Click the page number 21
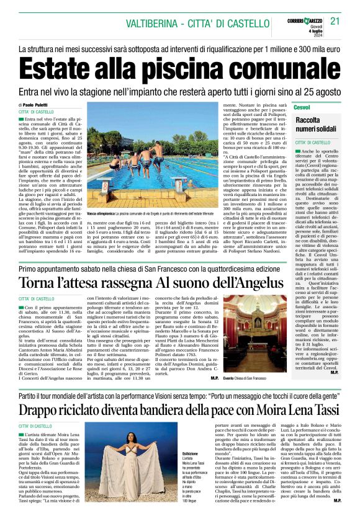tap(336, 22)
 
